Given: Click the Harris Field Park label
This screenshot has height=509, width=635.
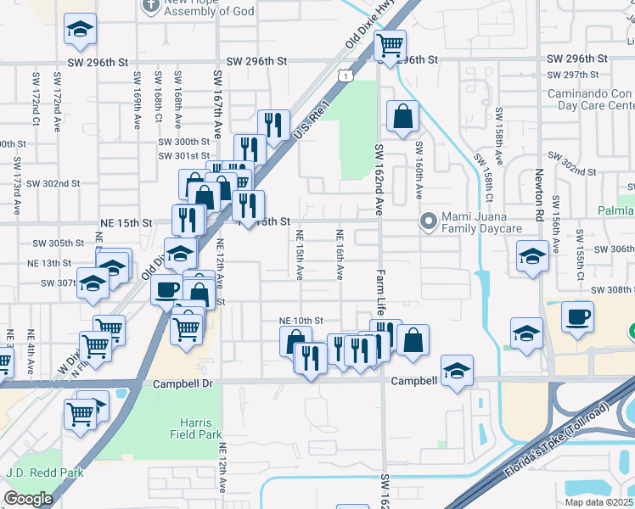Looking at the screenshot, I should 201,428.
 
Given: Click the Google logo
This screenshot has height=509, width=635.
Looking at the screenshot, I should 28,499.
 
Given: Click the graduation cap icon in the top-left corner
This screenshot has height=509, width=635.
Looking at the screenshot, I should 80,29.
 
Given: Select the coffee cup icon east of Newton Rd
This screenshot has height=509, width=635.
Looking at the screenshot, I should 577,316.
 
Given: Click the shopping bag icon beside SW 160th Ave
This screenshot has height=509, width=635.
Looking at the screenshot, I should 402,115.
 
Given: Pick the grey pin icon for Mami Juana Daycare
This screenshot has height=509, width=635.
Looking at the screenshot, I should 429,223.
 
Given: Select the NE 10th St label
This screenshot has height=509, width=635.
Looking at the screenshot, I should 302,321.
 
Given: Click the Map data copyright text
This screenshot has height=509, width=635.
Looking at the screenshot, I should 598,502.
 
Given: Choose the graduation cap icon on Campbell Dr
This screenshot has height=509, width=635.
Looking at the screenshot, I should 457,369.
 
